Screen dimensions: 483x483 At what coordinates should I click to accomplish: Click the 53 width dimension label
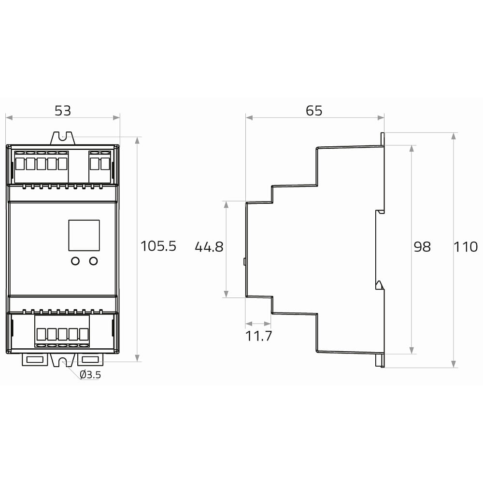(63, 111)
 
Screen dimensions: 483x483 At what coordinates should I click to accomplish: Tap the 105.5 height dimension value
(158, 246)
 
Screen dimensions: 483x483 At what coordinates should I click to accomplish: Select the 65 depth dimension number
(314, 111)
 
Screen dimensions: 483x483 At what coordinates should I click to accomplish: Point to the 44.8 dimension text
(209, 247)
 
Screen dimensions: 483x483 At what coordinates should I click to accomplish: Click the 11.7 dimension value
(258, 336)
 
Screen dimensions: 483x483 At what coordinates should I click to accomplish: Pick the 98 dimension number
(422, 247)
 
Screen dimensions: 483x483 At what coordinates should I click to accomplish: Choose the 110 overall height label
(466, 247)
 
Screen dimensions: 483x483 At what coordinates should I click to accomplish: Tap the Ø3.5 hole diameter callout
(90, 375)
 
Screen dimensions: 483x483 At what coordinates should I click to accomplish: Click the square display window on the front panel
(84, 235)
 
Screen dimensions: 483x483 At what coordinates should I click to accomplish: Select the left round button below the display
(75, 261)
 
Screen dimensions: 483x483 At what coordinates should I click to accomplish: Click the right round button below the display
(93, 261)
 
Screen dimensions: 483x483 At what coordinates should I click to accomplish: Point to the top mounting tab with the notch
(62, 138)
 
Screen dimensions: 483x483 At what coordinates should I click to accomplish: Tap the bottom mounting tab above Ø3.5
(63, 360)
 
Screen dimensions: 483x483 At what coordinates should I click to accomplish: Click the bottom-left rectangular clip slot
(34, 359)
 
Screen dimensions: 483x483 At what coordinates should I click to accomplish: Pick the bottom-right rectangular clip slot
(90, 359)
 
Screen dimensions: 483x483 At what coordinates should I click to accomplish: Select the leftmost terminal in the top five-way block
(20, 164)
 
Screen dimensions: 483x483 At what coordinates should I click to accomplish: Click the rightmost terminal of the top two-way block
(105, 164)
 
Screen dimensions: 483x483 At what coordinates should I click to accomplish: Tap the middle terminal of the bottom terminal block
(62, 334)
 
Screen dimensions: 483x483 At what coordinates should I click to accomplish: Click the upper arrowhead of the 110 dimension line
(454, 136)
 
